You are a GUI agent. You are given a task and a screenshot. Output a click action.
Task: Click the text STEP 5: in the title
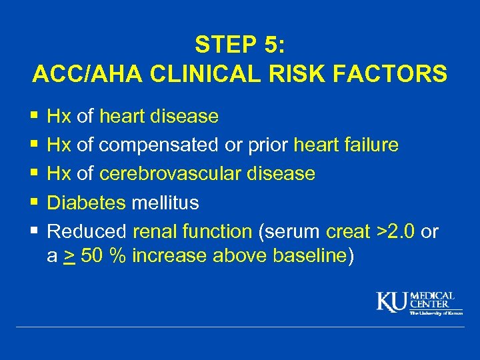239,44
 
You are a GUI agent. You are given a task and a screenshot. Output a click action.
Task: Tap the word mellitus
165,203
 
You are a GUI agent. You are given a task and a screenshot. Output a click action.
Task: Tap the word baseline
307,256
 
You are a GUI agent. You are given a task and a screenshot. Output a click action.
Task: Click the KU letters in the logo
393,303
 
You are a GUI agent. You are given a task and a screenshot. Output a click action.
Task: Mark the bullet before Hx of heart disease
35,117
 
